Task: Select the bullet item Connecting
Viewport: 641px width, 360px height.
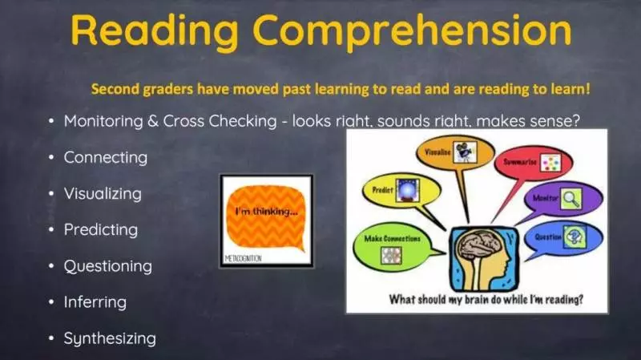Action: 106,157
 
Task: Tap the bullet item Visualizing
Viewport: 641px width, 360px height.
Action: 103,193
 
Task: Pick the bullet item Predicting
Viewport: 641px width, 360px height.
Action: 101,229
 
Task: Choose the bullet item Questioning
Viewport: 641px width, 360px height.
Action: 108,266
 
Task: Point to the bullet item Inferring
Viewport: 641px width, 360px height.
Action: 95,302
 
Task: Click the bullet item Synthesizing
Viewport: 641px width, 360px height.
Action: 110,338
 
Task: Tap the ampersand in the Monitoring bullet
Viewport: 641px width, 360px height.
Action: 153,121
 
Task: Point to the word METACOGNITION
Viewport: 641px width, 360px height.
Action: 244,258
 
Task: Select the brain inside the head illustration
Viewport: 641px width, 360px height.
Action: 479,245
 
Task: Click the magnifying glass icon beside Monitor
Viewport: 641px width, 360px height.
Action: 570,199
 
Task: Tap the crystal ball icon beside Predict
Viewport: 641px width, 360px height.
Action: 407,190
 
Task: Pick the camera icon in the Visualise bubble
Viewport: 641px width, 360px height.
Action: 465,152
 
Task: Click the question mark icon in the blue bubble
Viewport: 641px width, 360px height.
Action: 574,237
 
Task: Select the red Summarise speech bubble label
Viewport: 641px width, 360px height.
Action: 519,162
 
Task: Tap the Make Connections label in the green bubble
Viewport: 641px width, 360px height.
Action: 392,238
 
